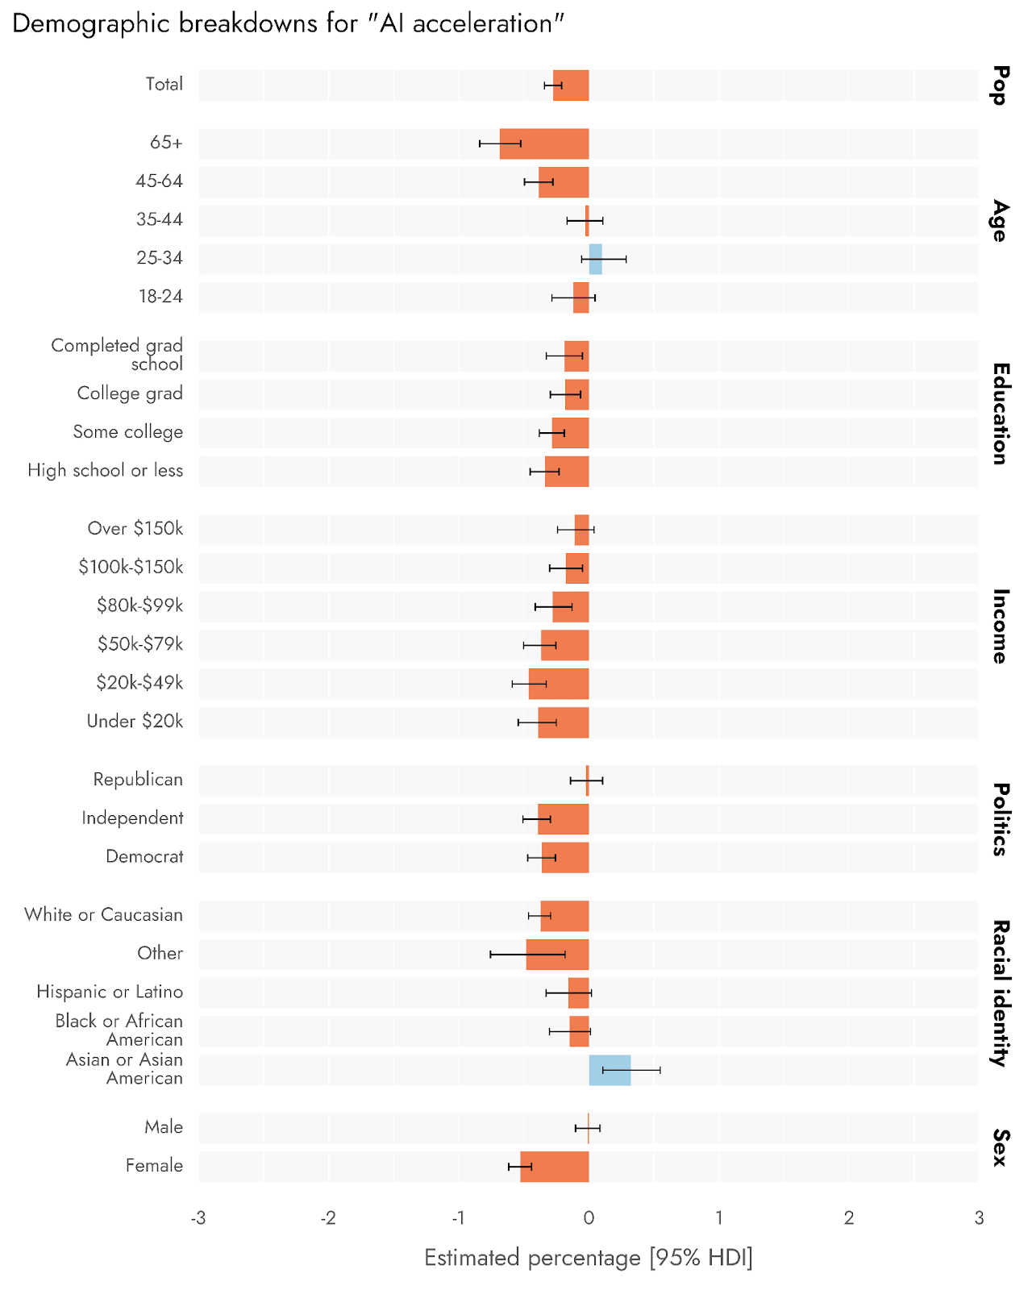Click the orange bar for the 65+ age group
tap(544, 144)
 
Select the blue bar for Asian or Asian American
tap(610, 1070)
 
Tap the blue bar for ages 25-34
tap(596, 259)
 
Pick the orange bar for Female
tap(555, 1167)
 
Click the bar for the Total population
tap(571, 85)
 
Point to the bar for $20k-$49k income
tap(559, 684)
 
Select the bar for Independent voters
tap(564, 819)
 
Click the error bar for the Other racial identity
tap(527, 955)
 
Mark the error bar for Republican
tap(586, 780)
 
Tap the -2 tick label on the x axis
tap(328, 1218)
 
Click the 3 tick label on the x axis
tap(979, 1218)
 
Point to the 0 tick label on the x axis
tap(589, 1218)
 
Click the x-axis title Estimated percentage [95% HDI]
tap(589, 1259)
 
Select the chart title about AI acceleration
tap(288, 23)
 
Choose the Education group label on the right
tap(1001, 414)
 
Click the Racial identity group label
tap(1001, 993)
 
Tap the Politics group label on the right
tap(1001, 819)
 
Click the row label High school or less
tap(106, 471)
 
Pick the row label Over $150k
tap(135, 529)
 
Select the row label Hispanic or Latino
tap(110, 992)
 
